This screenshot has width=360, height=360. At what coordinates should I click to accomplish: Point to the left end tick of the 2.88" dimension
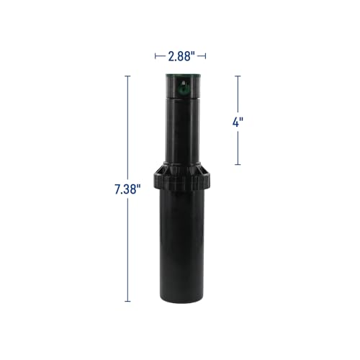154,54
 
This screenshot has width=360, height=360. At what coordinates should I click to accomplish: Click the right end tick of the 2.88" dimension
207,54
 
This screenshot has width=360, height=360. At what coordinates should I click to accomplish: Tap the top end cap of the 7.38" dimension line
128,74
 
